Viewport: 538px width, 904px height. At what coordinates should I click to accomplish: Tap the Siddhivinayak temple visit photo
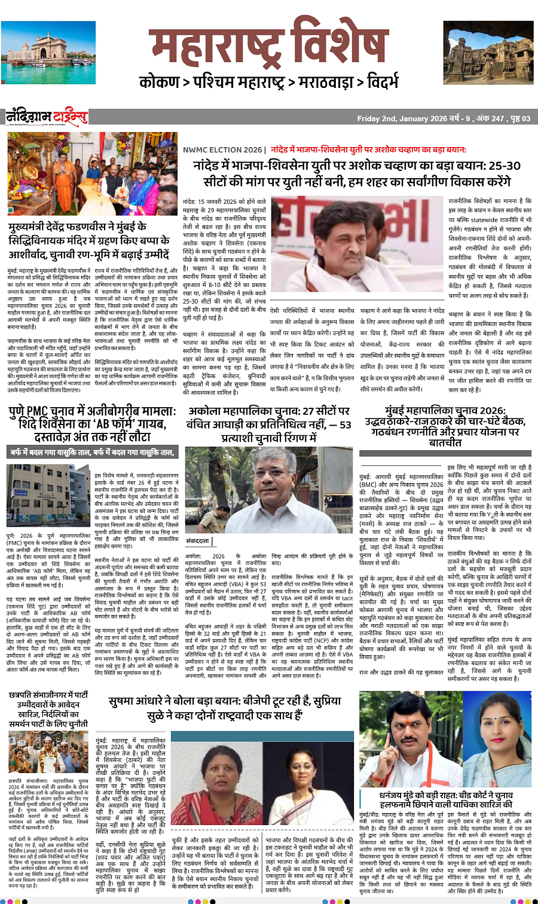click(93, 175)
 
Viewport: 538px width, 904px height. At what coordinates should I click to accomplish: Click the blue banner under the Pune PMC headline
click(92, 453)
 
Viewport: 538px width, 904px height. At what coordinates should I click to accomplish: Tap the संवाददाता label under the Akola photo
click(198, 540)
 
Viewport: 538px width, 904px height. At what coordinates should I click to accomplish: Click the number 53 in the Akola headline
click(345, 424)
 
